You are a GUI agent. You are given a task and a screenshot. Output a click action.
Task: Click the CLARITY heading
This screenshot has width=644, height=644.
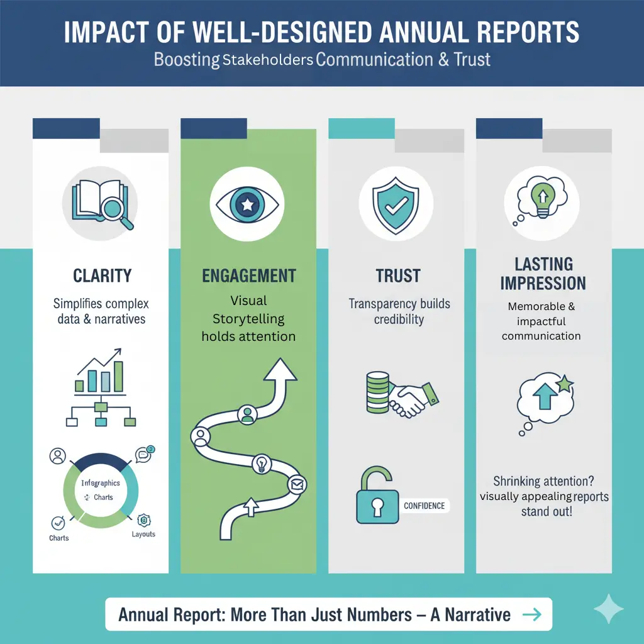101,275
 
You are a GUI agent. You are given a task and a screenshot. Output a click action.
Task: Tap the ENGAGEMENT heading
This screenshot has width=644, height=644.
249,275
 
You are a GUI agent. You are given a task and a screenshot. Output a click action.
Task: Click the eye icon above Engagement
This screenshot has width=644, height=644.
248,203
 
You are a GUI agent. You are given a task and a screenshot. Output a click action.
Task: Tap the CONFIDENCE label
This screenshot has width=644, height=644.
424,506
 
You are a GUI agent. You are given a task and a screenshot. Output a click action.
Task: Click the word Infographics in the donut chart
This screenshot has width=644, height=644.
101,483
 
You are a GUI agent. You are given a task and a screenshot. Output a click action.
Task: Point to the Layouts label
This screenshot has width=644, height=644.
143,535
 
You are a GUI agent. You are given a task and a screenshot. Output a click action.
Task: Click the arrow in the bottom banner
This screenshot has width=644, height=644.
531,614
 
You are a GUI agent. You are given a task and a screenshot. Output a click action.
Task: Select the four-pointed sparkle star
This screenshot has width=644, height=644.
609,609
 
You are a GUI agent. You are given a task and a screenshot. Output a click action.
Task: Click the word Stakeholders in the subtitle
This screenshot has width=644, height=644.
268,61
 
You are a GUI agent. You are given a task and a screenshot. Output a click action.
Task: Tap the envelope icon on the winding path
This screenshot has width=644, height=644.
296,485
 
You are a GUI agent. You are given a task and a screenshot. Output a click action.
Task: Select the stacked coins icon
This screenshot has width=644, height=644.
378,391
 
